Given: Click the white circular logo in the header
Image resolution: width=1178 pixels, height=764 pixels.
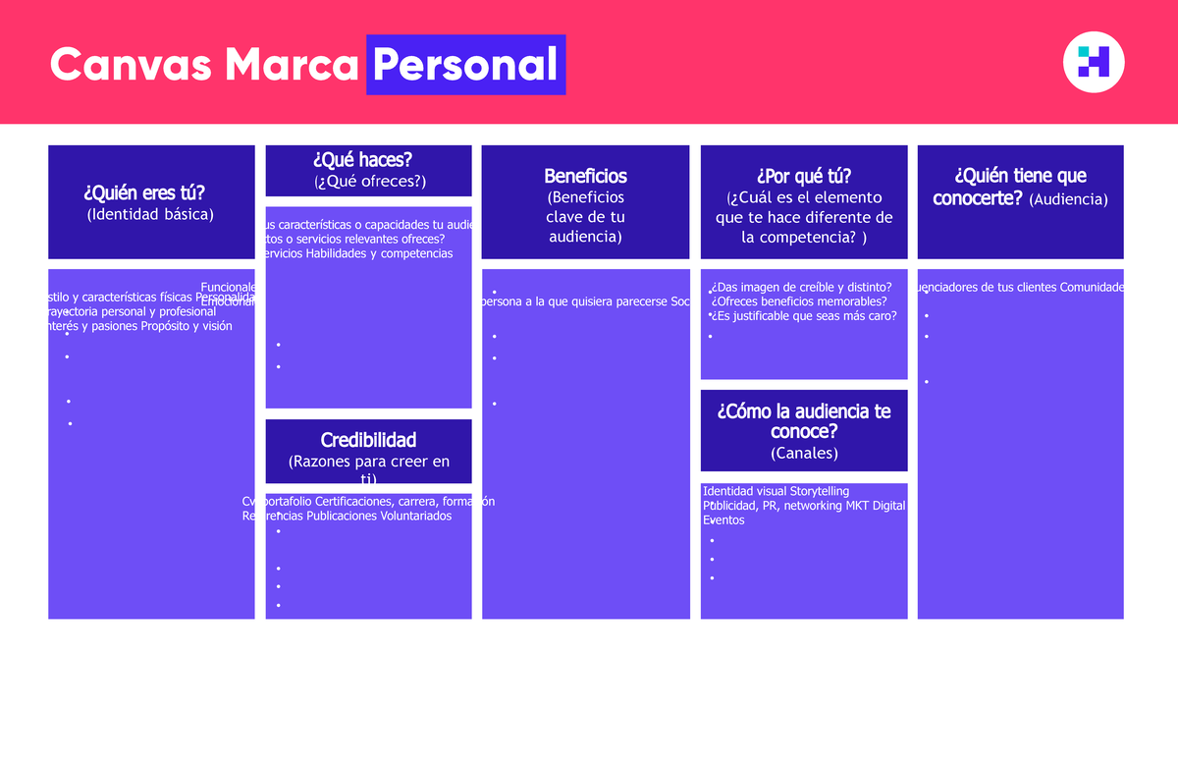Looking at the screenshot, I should pyautogui.click(x=1094, y=62).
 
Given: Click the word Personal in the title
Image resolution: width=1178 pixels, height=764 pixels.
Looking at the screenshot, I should pyautogui.click(x=465, y=65).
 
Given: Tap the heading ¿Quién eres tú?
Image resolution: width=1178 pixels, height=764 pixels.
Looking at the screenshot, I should pyautogui.click(x=151, y=192).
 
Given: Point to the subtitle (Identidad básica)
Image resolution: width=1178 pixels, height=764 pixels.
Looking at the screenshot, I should pyautogui.click(x=150, y=213).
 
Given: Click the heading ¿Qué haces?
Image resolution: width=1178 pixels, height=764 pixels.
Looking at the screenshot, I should pyautogui.click(x=368, y=159).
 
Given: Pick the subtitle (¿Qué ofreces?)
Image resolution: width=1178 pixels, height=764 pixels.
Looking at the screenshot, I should pyautogui.click(x=369, y=181).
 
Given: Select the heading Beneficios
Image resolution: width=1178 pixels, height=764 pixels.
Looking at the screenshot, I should pyautogui.click(x=585, y=176).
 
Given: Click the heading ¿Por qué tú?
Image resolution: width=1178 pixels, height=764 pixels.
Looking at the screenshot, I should pyautogui.click(x=804, y=176).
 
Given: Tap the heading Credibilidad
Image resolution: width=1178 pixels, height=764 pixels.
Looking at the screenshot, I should pyautogui.click(x=368, y=439).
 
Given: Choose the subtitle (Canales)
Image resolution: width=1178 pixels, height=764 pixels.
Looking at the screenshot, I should pyautogui.click(x=804, y=453).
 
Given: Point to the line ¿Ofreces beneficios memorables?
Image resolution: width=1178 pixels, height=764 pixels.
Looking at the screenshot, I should pyautogui.click(x=798, y=301).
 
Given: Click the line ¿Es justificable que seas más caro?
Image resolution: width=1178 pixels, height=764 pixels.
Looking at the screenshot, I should pyautogui.click(x=804, y=316).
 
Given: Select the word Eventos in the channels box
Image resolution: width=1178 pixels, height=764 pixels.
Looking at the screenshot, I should pyautogui.click(x=723, y=520).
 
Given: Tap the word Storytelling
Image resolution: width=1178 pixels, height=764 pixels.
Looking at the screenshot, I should pyautogui.click(x=819, y=491).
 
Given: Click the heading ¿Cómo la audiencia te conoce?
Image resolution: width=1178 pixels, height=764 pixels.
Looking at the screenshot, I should pyautogui.click(x=804, y=421).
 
